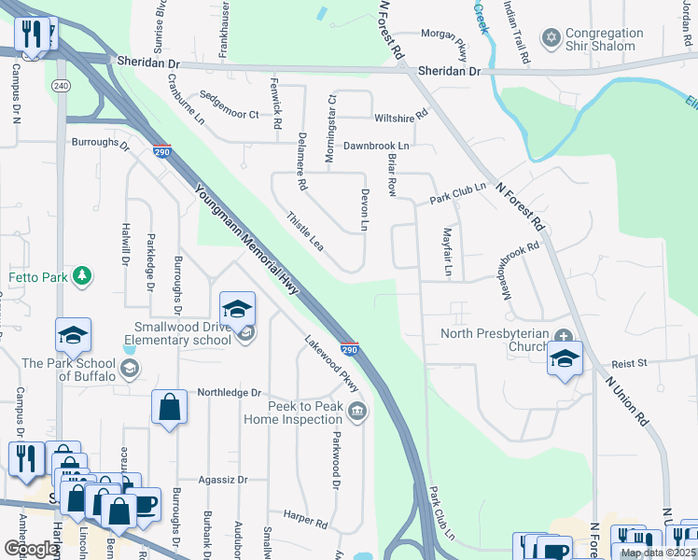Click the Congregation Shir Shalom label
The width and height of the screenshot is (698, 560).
tap(604, 39)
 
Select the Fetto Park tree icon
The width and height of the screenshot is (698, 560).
tap(83, 275)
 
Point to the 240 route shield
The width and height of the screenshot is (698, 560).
tap(62, 86)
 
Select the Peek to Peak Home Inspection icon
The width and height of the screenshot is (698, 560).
tap(356, 412)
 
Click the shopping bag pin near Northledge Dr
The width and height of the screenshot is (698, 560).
tap(169, 407)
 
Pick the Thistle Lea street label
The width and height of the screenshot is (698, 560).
tap(304, 230)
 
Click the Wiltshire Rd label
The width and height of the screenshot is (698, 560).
tap(400, 117)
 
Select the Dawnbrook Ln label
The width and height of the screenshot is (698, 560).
tap(376, 147)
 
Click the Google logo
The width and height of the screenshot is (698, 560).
tap(31, 549)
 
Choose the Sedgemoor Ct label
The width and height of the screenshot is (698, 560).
tap(229, 114)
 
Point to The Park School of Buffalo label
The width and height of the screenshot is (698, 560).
tap(69, 370)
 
